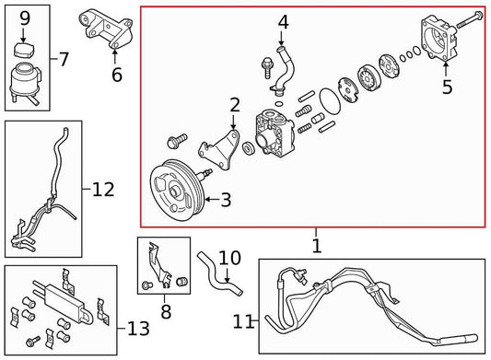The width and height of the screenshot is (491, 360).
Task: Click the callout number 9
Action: pyautogui.click(x=25, y=17)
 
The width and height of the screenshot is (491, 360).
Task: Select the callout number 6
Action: pyautogui.click(x=116, y=75)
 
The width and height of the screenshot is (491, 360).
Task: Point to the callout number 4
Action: pyautogui.click(x=283, y=20)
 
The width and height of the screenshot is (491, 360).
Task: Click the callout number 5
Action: pyautogui.click(x=448, y=88)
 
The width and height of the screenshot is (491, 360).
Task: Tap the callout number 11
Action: pyautogui.click(x=244, y=321)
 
